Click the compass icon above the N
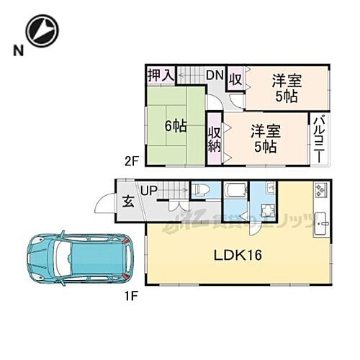point(40,30)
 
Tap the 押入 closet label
point(161,75)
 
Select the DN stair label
point(215,75)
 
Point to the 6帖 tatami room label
point(175,125)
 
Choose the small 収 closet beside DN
point(235,78)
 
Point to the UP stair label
point(149,191)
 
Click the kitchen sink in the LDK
point(321,221)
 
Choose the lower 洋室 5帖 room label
point(264,138)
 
